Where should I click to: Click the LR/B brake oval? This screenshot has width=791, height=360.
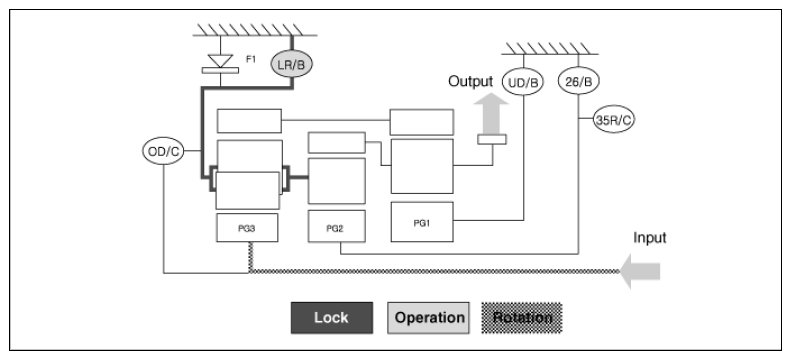[292, 64]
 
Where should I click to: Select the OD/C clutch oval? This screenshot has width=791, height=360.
[163, 151]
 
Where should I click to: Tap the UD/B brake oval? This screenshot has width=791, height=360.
[523, 82]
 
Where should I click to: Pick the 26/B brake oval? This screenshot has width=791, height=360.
[578, 82]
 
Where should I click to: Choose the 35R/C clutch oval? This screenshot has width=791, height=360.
[613, 120]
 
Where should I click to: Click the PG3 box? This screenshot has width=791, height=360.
[247, 228]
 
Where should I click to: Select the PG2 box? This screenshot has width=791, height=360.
[336, 226]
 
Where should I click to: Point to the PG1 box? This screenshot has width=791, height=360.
[422, 222]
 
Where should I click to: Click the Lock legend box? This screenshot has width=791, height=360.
[332, 318]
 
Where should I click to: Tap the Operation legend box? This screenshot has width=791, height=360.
[428, 318]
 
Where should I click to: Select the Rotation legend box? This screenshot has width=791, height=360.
[522, 318]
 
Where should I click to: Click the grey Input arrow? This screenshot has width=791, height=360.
[640, 271]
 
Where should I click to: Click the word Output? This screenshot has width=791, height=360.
[471, 81]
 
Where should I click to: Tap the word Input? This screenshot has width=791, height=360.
[650, 237]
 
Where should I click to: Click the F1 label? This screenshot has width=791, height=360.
[251, 59]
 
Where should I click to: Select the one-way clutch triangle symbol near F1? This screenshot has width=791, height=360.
[220, 61]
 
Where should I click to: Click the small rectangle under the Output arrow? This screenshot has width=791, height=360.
[492, 139]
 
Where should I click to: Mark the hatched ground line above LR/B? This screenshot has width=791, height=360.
[255, 30]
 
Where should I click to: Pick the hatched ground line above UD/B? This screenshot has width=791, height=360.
[550, 49]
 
